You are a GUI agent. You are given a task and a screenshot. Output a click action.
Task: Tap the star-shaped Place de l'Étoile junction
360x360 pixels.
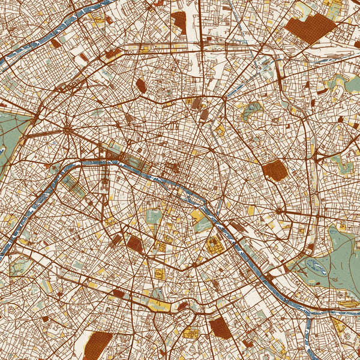click(68, 128)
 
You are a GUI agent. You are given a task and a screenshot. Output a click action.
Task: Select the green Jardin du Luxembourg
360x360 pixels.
click(154, 217)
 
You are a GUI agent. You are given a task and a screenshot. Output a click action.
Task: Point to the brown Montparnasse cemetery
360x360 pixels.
click(134, 243)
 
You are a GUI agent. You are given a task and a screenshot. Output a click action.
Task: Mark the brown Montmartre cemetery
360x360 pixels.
click(142, 85)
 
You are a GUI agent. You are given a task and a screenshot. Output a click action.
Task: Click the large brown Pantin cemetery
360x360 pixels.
click(310, 28)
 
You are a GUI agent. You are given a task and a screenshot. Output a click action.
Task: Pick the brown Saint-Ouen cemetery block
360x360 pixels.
click(179, 22)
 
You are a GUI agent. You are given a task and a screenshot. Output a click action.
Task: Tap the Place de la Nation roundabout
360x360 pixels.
click(279, 211)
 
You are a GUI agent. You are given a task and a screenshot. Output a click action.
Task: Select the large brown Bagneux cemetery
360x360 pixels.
click(97, 346)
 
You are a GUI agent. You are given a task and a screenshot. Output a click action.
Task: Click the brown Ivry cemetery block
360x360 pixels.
click(220, 327)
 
